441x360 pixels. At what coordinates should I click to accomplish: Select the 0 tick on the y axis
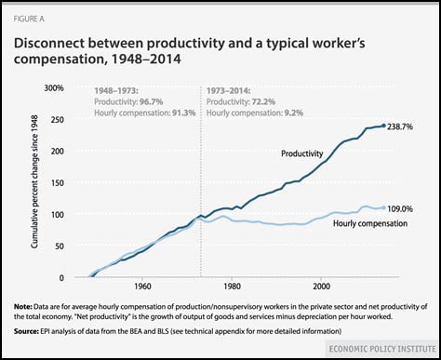(60, 277)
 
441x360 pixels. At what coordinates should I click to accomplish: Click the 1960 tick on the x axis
(143, 287)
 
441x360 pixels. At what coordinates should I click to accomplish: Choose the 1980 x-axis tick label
(233, 287)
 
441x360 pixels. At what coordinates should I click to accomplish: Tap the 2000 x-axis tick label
(322, 287)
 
